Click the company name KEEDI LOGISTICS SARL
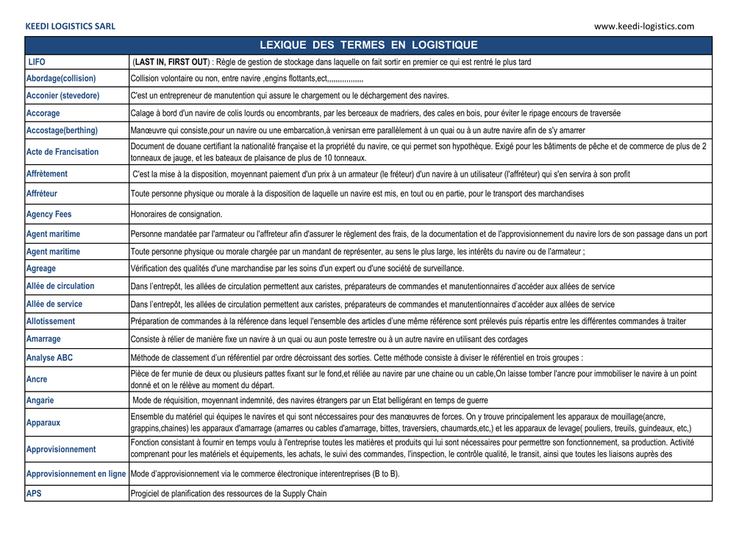71,27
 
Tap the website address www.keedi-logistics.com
643,27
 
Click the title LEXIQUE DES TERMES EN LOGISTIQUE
368,46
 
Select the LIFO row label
37,63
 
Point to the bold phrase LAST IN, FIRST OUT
171,63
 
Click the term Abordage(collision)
61,79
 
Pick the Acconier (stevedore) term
63,96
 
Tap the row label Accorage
43,113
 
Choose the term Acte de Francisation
63,152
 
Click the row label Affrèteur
42,194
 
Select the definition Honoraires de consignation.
176,214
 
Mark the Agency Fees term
49,214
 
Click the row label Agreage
41,269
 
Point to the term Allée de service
54,304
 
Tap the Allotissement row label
51,322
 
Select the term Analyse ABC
49,358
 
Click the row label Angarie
40,400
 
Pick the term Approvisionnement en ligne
76,474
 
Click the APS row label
34,494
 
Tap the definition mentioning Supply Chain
229,494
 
